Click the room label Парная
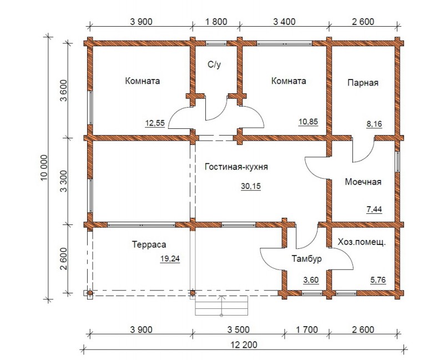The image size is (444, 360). tap(363, 83)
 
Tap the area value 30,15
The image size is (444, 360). tap(251, 186)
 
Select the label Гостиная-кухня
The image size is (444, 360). tap(236, 167)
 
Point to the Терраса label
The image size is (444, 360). tap(149, 244)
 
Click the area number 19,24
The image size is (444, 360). tap(170, 259)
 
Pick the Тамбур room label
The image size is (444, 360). tap(307, 259)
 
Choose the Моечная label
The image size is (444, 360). tap(363, 182)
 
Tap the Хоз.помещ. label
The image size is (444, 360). tap(362, 242)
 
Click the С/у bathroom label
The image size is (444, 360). tap(214, 64)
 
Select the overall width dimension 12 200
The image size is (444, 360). tap(244, 345)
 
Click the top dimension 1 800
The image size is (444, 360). tap(216, 22)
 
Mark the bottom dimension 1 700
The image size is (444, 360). tap(307, 329)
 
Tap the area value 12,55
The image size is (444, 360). tap(155, 123)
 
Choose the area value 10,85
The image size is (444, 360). tap(309, 122)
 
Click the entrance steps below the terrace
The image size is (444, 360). tap(221, 306)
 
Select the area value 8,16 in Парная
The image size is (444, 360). tap(374, 124)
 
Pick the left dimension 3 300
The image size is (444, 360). tap(64, 181)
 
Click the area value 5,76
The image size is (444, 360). tap(378, 280)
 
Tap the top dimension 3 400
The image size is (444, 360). tap(284, 22)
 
